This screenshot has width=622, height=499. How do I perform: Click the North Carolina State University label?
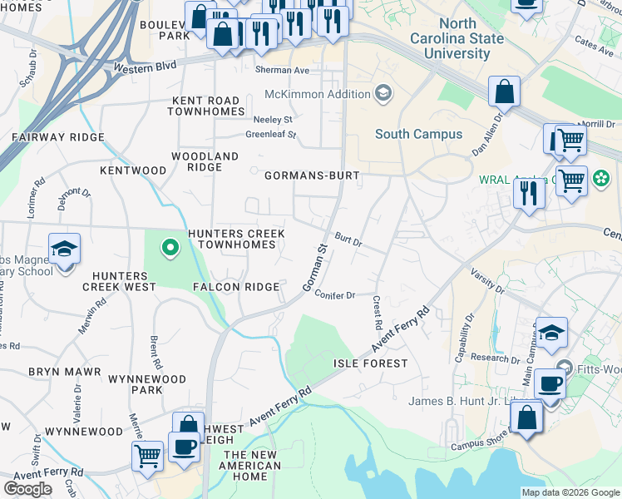pyautogui.click(x=457, y=39)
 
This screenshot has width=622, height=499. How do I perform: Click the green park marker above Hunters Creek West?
pyautogui.click(x=170, y=247)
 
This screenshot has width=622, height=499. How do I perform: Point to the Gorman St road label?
pyautogui.click(x=313, y=269)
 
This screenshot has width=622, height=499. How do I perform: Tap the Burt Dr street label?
pyautogui.click(x=348, y=240)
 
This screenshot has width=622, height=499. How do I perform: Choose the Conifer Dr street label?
pyautogui.click(x=335, y=295)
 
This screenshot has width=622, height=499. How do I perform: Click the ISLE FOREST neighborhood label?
pyautogui.click(x=371, y=363)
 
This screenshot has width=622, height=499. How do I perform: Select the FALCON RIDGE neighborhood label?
pyautogui.click(x=236, y=287)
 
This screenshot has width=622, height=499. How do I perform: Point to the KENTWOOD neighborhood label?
pyautogui.click(x=133, y=170)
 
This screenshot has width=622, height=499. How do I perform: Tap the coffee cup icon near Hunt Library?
pyautogui.click(x=549, y=383)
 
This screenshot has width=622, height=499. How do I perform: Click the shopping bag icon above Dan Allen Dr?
pyautogui.click(x=504, y=92)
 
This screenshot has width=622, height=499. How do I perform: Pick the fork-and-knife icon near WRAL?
pyautogui.click(x=529, y=192)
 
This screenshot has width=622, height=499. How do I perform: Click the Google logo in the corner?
pyautogui.click(x=27, y=489)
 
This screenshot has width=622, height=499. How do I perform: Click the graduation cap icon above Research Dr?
pyautogui.click(x=551, y=333)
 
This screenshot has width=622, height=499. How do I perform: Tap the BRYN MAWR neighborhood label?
pyautogui.click(x=65, y=372)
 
